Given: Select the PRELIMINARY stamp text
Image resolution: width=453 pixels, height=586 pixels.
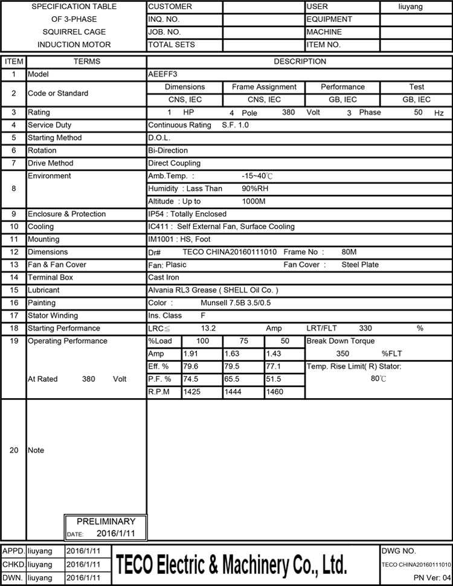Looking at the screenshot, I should point(106,521).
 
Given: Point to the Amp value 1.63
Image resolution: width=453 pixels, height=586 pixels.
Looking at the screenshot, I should point(231,354).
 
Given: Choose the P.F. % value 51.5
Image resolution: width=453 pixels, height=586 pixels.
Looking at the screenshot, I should point(274,379).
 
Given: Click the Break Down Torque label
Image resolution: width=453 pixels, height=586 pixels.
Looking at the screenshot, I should point(341,341).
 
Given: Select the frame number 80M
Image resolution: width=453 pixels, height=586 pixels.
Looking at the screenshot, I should point(349,252).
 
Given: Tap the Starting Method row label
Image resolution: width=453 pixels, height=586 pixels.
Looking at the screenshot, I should point(55,138).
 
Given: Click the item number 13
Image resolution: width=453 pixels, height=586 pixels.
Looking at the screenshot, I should point(14,265).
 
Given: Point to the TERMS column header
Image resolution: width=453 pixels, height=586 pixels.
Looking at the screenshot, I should point(87,62).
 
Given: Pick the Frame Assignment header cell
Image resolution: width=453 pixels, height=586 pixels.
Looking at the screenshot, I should point(264,87).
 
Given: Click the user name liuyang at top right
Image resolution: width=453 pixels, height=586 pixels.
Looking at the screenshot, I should point(411,7).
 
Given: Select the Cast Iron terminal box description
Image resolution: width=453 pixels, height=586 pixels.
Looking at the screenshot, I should point(164,277).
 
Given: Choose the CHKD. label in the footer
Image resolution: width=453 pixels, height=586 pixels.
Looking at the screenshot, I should point(14,564).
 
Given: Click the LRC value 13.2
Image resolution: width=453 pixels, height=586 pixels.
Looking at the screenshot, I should point(208,328).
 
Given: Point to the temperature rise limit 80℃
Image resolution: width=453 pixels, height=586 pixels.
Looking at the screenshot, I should point(378,379).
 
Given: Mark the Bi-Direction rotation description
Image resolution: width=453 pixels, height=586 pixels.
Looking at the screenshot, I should point(168,150).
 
